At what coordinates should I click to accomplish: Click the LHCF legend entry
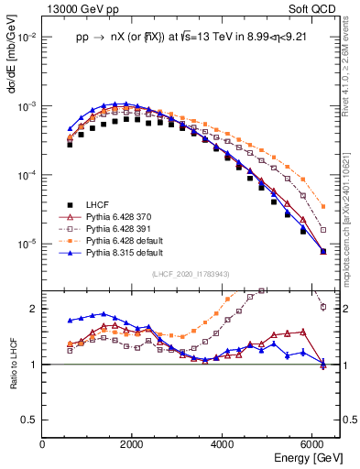pyautogui.click(x=98, y=204)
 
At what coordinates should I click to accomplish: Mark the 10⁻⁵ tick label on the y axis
pyautogui.click(x=27, y=245)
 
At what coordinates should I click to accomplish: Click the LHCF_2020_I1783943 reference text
pyautogui.click(x=191, y=274)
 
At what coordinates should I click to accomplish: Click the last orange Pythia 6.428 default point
pyautogui.click(x=322, y=206)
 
